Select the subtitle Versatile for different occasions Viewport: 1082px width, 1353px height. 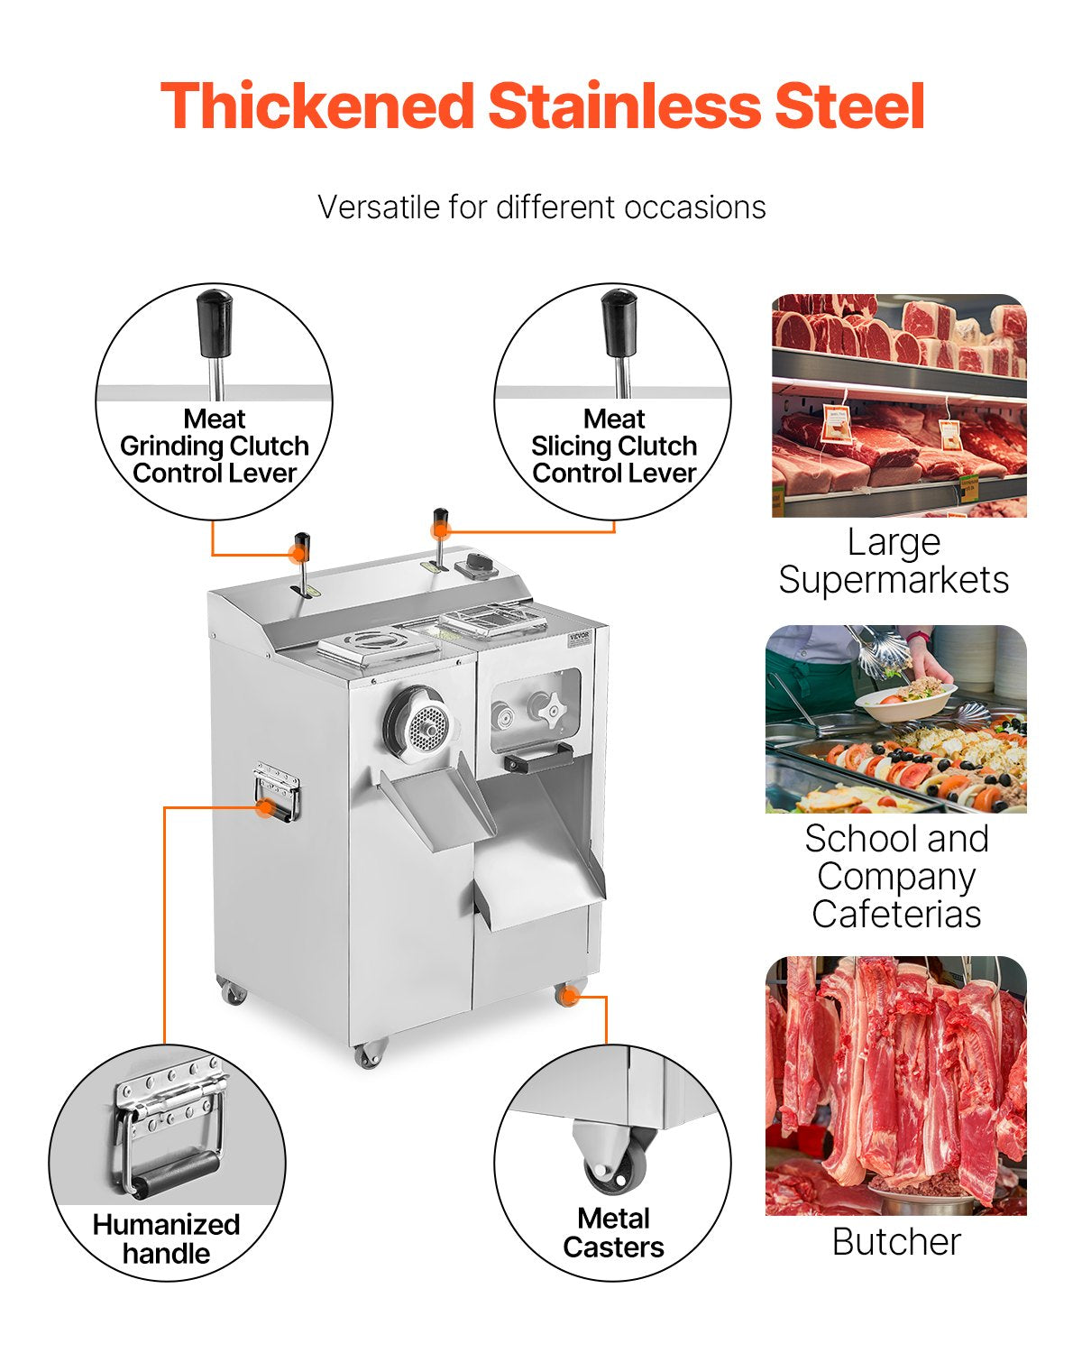(x=541, y=207)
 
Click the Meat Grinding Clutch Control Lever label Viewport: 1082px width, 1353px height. (x=215, y=446)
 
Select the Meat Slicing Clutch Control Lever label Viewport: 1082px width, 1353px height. (x=614, y=446)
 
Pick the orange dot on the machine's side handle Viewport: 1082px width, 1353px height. (x=264, y=807)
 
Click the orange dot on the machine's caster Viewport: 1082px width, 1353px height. (x=568, y=996)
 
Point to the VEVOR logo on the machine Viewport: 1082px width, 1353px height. (x=579, y=637)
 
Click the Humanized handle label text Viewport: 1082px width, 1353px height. (x=167, y=1239)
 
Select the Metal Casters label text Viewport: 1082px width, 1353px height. (x=613, y=1233)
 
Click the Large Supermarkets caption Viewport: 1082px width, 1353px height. (x=894, y=561)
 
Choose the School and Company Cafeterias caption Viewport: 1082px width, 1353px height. (x=896, y=876)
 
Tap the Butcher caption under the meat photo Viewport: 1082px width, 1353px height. (x=896, y=1242)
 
